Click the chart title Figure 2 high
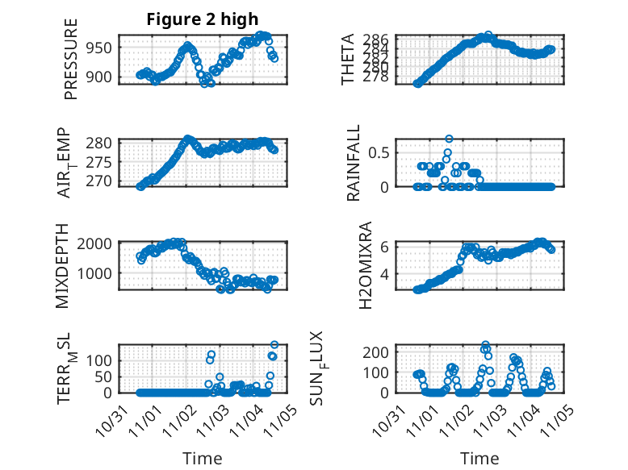pos(203,20)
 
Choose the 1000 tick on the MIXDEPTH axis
pos(98,272)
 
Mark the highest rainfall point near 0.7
pos(449,138)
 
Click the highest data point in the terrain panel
pos(274,344)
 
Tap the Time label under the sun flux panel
pos(479,458)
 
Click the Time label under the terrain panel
pos(203,458)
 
